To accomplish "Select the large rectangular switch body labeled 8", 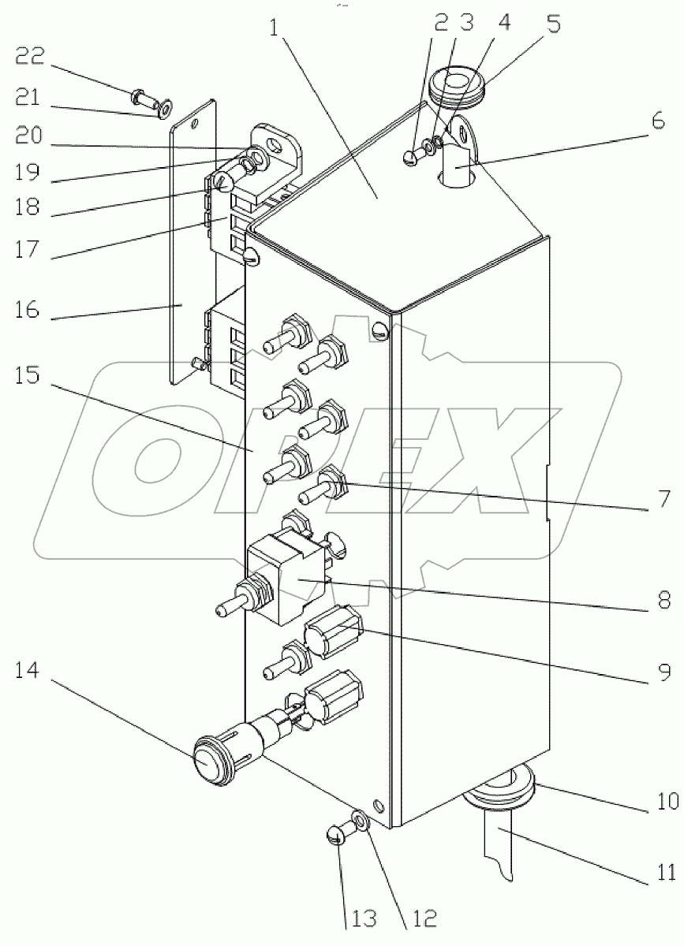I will [x=286, y=579].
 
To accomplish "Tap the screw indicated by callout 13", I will [x=335, y=834].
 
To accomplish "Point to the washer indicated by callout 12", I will [x=361, y=822].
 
